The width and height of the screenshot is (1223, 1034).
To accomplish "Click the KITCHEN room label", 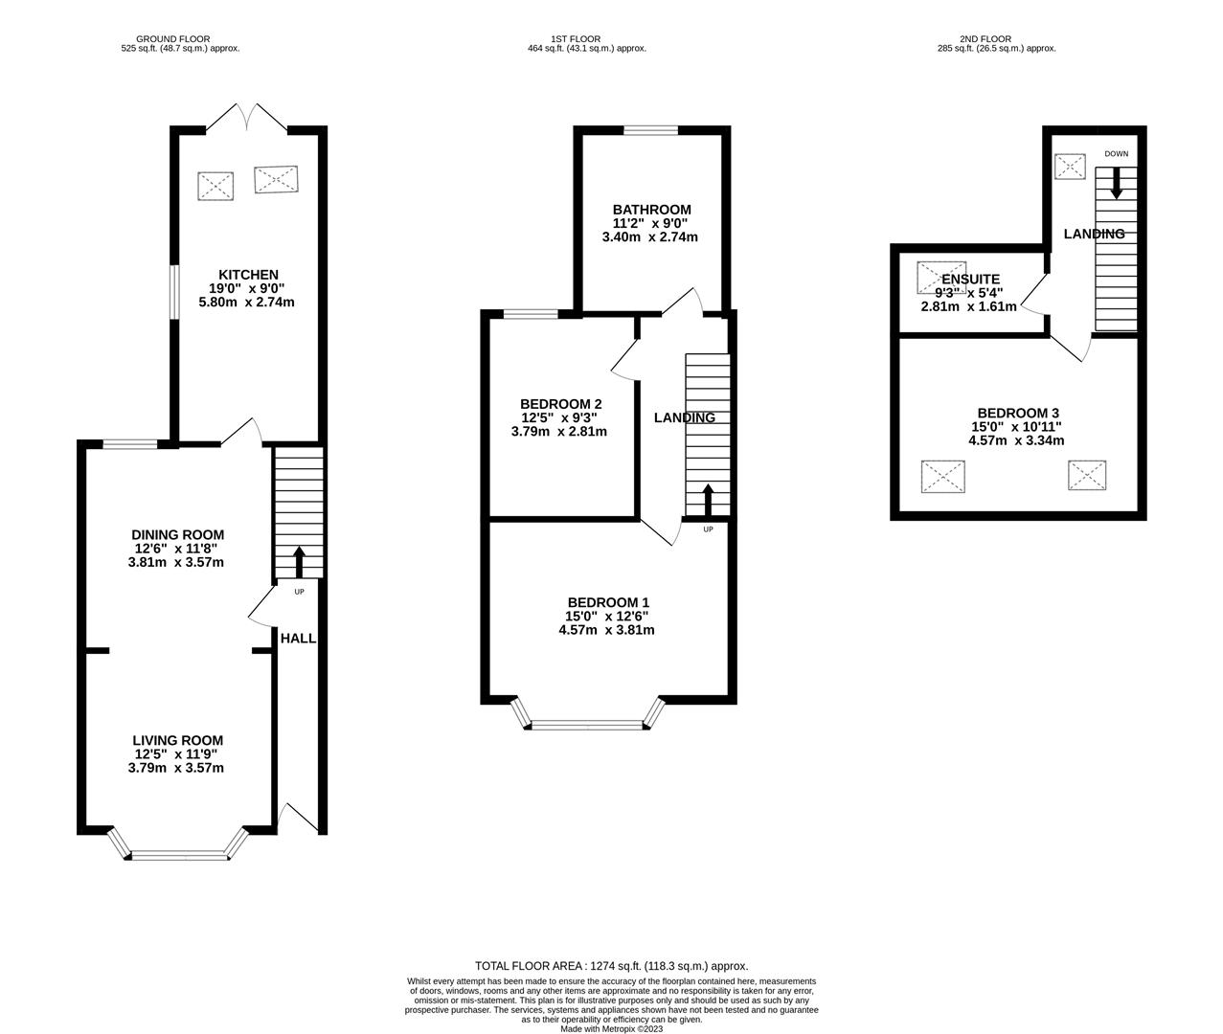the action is [x=248, y=275].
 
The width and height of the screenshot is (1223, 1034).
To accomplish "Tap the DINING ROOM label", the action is [x=177, y=535].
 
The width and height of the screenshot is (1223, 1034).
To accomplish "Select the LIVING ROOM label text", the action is [x=177, y=741].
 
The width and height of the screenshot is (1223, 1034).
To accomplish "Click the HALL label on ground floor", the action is [x=298, y=639].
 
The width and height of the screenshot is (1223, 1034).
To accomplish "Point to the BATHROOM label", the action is [x=651, y=210].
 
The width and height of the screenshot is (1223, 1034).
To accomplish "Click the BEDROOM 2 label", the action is [x=561, y=404].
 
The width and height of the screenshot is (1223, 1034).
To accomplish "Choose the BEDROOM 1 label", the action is [x=608, y=603].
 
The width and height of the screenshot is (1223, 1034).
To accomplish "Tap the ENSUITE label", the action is [x=970, y=280].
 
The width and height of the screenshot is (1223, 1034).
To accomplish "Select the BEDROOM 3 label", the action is [x=1018, y=413].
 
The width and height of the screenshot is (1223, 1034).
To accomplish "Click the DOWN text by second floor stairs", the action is [x=1117, y=154].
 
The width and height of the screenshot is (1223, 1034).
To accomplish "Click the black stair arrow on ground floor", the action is [x=299, y=562].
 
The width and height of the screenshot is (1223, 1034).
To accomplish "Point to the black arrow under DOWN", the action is [x=1116, y=184].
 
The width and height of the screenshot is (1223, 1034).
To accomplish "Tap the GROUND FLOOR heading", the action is [x=172, y=39].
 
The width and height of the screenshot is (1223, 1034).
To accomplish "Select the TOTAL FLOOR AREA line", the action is [x=612, y=966].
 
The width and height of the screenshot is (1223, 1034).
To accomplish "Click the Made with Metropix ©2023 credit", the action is [x=612, y=1028].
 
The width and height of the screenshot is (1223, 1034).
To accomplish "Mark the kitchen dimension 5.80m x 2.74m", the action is [x=247, y=303].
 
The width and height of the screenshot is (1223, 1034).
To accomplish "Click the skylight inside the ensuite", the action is [x=941, y=278].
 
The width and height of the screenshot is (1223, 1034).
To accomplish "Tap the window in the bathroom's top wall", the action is [x=651, y=131].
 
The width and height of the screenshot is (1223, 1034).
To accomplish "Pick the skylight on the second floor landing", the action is [x=1070, y=167].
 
